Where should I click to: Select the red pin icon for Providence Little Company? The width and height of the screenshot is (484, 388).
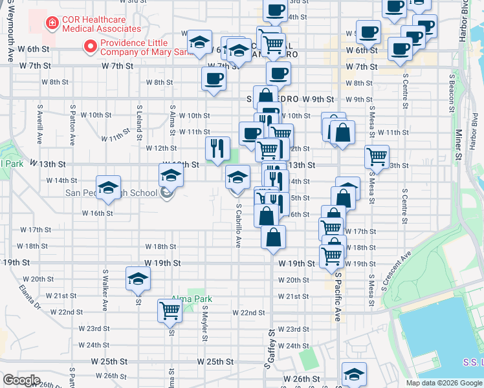click(90, 47)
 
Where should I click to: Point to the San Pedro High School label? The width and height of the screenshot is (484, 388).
click(111, 193)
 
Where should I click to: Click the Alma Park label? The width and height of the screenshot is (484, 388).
click(192, 299)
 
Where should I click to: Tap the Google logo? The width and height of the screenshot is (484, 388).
click(21, 380)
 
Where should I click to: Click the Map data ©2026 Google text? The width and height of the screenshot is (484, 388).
click(444, 383)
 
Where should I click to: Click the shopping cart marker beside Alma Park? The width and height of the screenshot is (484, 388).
click(170, 310)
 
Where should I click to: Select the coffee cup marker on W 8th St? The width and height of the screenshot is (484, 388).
click(214, 80)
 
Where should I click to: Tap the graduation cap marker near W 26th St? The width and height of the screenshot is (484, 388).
click(354, 374)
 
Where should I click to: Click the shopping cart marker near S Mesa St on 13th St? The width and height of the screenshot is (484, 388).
click(377, 155)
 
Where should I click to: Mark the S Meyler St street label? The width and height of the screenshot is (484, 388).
click(204, 323)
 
